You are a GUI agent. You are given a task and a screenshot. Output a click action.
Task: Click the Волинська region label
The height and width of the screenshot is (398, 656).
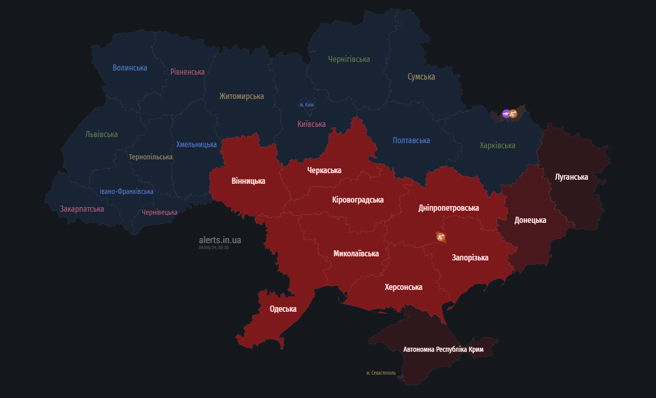point(130,68)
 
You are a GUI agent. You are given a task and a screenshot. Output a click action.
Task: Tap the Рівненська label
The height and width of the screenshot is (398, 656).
point(187,72)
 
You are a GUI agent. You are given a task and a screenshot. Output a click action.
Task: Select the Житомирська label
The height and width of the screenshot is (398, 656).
point(241,96)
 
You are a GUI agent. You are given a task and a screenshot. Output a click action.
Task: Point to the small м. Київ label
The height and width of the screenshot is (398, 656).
point(306,105)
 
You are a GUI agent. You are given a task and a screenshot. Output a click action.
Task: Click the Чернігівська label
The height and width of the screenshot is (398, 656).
point(349,59)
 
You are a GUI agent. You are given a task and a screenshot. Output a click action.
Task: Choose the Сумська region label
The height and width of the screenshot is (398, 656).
point(421,77)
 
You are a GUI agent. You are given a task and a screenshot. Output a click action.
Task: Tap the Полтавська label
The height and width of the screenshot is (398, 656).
point(411,140)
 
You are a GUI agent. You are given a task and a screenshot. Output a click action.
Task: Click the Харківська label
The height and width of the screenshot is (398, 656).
point(497,145)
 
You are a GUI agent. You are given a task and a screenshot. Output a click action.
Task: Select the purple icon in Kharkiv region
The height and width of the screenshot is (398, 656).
point(506,114)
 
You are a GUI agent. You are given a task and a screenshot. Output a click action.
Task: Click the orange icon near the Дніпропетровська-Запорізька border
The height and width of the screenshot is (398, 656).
point(440,237)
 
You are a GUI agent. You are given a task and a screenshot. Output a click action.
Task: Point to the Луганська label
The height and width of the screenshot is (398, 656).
point(571,177)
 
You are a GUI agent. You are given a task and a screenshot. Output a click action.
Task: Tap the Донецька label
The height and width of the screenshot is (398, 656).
point(530,220)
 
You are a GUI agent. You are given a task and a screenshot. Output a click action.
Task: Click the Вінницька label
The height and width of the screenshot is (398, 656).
point(248,181)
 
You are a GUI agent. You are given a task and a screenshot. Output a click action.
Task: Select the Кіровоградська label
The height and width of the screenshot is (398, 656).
point(358,200)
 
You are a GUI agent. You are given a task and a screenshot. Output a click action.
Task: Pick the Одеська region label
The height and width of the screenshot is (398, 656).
point(283,309)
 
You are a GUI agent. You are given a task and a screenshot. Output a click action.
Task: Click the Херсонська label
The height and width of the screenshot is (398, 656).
point(403,287)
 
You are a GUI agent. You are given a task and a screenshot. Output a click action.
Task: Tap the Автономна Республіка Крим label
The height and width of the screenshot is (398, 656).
point(443,349)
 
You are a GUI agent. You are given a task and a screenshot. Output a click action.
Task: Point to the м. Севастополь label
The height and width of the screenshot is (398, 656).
point(381,373)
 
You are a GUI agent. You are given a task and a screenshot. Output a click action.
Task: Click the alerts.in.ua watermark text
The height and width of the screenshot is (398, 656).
point(220,240)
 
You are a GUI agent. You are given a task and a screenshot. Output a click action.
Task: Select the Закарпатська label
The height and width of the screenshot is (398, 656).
point(82,209)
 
